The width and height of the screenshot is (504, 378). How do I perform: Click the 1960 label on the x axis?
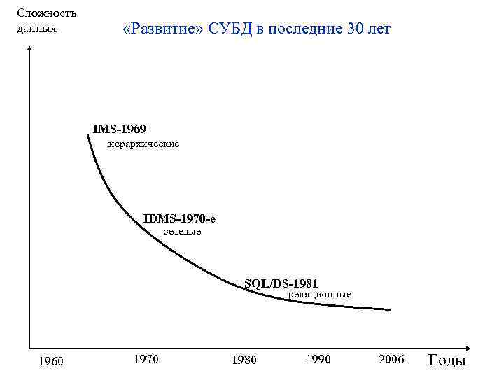(x=50, y=361)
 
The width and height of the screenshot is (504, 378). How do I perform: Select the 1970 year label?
(x=146, y=359)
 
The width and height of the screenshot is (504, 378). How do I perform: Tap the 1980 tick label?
(x=244, y=360)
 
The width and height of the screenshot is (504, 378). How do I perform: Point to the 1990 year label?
(x=318, y=359)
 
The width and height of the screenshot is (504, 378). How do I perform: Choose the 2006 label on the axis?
(x=391, y=359)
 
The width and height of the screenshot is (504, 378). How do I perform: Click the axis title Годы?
(x=447, y=360)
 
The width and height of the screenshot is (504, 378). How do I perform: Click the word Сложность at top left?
(x=47, y=13)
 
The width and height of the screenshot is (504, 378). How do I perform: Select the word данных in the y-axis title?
(x=36, y=29)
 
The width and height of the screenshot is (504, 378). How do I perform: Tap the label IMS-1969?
(x=120, y=129)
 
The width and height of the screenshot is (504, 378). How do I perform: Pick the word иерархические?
(x=143, y=143)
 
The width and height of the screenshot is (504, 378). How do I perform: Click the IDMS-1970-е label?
(x=179, y=218)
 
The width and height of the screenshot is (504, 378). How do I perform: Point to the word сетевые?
(x=182, y=231)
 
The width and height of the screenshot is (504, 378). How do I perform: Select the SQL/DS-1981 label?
(x=281, y=283)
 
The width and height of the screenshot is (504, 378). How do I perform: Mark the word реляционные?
(x=320, y=295)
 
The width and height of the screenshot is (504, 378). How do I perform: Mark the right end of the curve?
(x=390, y=309)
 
